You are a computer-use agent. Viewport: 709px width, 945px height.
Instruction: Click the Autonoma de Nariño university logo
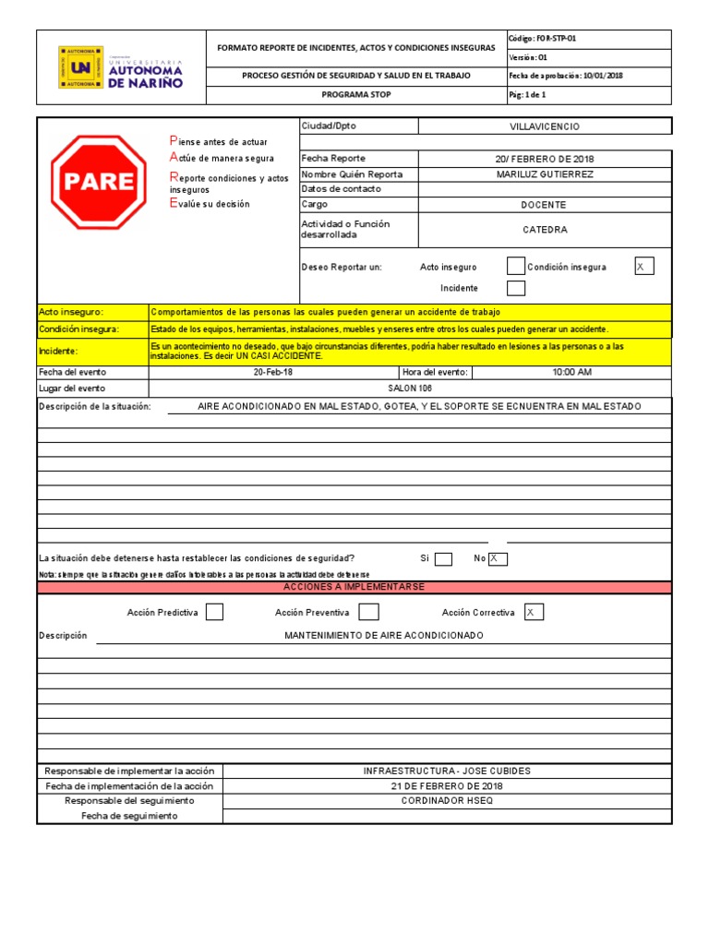pos(121,67)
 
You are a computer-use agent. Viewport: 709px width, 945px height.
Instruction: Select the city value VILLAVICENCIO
pos(545,126)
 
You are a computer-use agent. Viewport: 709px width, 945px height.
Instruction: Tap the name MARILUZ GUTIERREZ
pos(545,174)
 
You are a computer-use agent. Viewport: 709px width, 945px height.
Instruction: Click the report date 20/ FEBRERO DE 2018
pos(545,159)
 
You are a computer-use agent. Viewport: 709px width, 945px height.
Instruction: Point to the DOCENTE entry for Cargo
pos(545,205)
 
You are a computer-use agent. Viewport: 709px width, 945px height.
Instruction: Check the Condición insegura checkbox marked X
pos(643,267)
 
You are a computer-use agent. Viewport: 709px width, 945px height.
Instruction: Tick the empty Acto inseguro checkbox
pos(516,267)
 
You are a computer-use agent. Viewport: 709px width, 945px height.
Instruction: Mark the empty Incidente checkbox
pos(516,289)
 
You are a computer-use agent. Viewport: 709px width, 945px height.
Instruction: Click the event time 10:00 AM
pos(571,372)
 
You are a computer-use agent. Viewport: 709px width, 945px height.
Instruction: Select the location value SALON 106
pos(410,389)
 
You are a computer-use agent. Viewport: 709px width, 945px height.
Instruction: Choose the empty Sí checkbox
pos(443,558)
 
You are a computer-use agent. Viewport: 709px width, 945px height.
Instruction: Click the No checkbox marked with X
pos(499,558)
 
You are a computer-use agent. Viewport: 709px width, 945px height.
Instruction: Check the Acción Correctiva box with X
pos(534,612)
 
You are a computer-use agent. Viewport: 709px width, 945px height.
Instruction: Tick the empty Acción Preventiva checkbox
pos(368,612)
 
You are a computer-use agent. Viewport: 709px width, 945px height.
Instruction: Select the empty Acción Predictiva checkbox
pos(214,612)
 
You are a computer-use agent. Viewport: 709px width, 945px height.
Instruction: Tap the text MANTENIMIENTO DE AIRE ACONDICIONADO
pos(383,636)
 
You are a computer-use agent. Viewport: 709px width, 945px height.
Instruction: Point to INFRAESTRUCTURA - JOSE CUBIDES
pos(447,771)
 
